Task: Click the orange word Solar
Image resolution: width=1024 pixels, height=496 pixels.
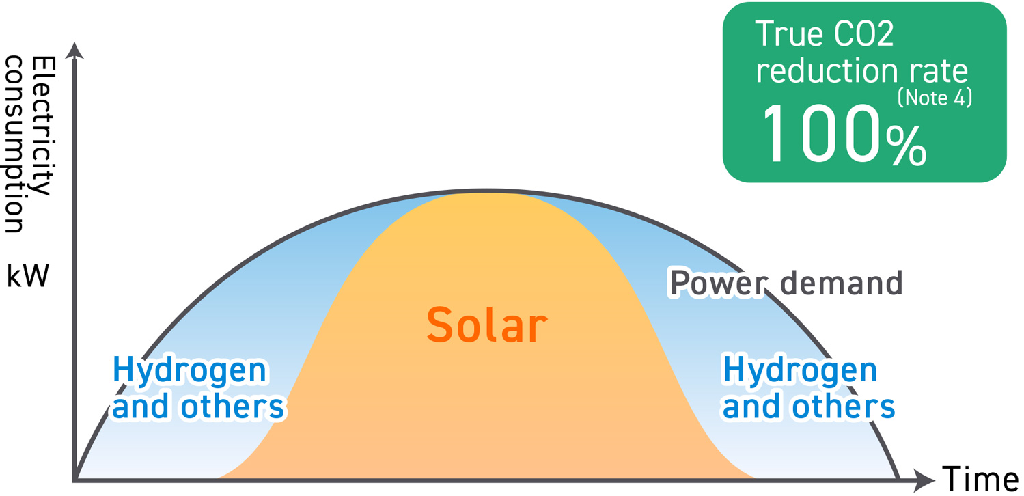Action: [x=486, y=325]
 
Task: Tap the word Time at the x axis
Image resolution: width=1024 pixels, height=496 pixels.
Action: [x=980, y=478]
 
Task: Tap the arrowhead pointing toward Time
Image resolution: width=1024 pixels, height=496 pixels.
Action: [x=924, y=478]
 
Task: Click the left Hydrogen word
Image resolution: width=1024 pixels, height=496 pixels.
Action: [x=190, y=372]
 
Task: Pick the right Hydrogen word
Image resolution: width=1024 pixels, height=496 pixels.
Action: [x=800, y=372]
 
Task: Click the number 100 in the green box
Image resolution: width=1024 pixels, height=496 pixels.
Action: [x=820, y=135]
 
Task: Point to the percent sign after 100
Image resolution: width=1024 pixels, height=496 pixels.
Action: [x=906, y=146]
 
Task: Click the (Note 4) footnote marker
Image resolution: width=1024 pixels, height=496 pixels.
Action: [x=934, y=98]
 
